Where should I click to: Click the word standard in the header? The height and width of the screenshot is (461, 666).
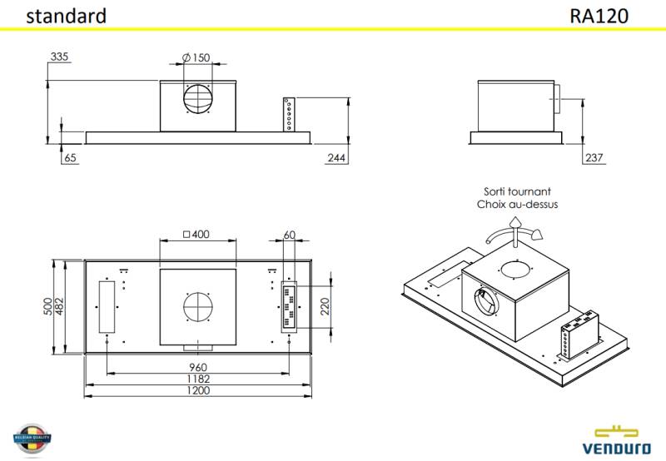point(66,16)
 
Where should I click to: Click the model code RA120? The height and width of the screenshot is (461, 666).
point(599,16)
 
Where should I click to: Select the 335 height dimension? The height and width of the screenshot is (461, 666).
point(59,57)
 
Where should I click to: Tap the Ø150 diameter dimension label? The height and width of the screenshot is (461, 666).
point(196,57)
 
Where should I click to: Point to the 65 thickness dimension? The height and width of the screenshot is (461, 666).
point(70,157)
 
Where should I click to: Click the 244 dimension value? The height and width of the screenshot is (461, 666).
point(337,157)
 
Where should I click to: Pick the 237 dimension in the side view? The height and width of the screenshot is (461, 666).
point(594,157)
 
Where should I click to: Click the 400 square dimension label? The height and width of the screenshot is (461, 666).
point(196,234)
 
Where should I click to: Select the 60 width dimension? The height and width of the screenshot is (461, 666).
point(289,234)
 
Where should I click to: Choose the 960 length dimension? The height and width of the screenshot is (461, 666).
point(197,367)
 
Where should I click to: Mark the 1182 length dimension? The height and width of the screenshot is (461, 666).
point(197,379)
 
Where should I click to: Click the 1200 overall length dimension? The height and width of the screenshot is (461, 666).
point(197,390)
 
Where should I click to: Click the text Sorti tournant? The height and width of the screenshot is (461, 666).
point(517,191)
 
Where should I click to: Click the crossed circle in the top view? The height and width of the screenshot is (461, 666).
point(198,306)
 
